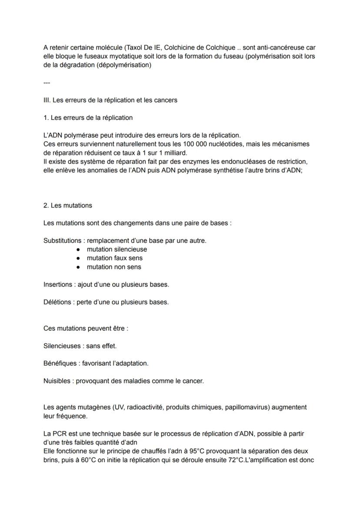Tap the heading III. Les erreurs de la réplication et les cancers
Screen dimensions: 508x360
click(110, 100)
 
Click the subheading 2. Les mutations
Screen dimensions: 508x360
click(68, 205)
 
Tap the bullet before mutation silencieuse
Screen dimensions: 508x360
click(78, 249)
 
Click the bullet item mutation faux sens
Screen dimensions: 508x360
click(114, 258)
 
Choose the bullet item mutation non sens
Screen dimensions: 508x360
click(113, 267)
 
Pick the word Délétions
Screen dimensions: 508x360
click(57, 302)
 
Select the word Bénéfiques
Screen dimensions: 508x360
click(60, 363)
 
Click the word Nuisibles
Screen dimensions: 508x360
click(58, 381)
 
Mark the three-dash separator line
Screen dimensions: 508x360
click(47, 83)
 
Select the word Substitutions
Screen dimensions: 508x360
click(62, 240)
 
